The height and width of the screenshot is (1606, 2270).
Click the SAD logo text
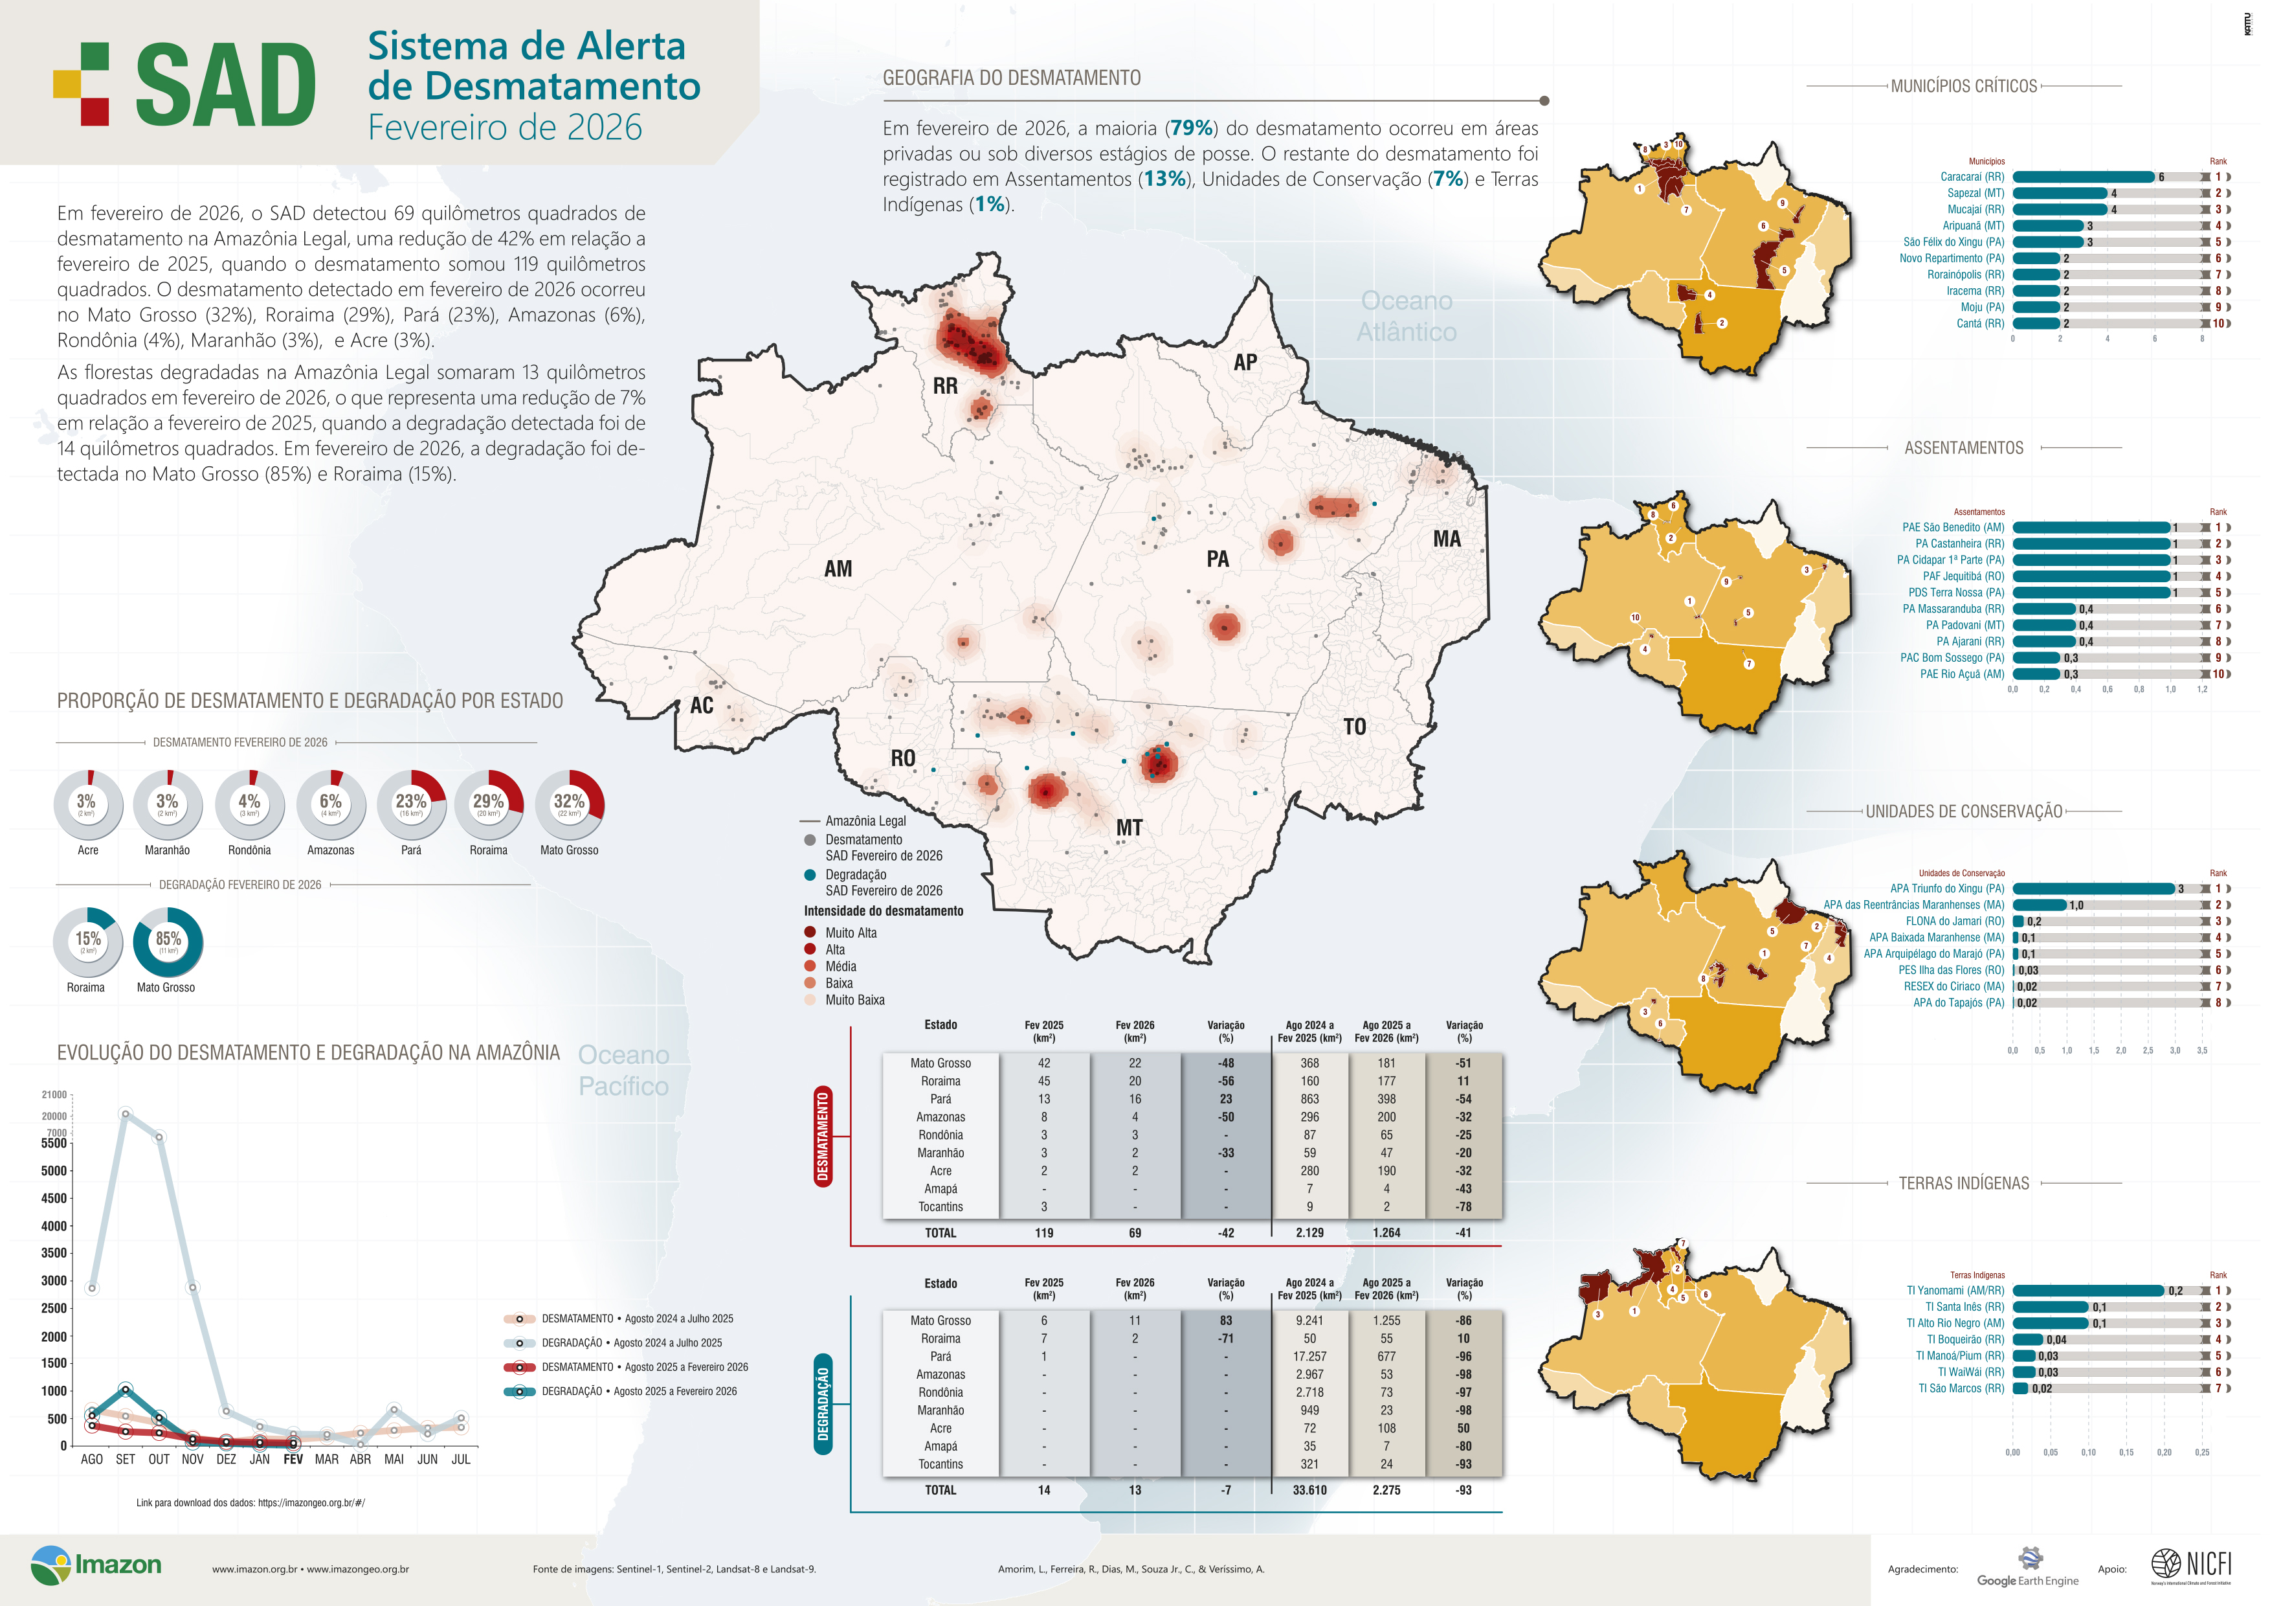pos(225,86)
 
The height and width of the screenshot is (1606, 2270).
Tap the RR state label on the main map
pos(944,386)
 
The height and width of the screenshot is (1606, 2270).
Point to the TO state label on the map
pos(1355,727)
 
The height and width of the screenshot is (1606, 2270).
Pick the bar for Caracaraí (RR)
pos(2082,177)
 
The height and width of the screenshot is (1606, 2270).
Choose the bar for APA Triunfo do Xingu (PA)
pos(2093,888)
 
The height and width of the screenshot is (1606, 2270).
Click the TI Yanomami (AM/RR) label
pos(1955,1291)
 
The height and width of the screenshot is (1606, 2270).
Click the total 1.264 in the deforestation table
pos(1386,1232)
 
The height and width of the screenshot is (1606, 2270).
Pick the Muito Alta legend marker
pos(810,933)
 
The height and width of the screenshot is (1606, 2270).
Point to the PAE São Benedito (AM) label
pos(1953,527)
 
